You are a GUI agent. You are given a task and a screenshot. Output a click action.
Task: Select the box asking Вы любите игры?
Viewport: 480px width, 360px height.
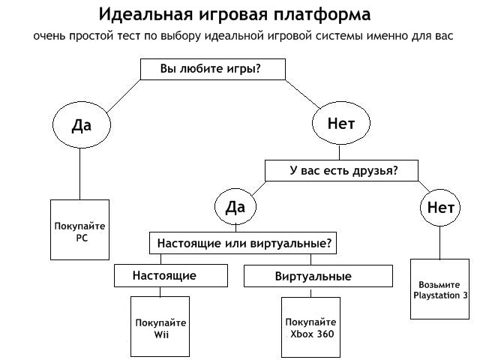[x=212, y=69]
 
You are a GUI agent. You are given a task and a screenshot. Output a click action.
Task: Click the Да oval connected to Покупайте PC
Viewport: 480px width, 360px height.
[x=81, y=124]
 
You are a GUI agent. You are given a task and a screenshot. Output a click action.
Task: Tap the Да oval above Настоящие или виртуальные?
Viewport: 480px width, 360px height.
[x=235, y=206]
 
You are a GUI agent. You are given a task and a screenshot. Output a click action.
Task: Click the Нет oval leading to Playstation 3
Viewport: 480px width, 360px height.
[x=440, y=206]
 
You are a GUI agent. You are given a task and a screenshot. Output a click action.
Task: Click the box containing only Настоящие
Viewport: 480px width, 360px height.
[x=165, y=276]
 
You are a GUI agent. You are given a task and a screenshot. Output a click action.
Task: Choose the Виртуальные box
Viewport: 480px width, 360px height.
[x=319, y=277]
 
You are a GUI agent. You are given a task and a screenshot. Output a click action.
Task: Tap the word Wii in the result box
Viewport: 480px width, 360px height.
[x=161, y=334]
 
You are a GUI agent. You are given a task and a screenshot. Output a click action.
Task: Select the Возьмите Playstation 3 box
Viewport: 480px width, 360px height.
[x=440, y=289]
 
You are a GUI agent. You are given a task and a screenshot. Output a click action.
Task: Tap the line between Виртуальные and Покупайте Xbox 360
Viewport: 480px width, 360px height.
[x=311, y=292]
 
